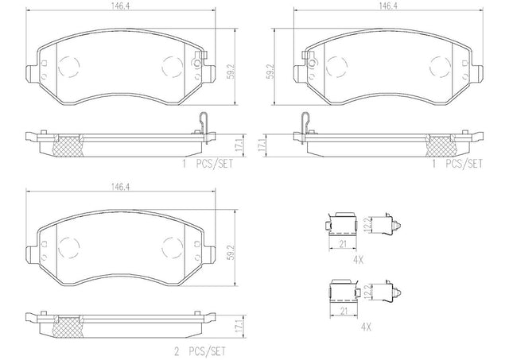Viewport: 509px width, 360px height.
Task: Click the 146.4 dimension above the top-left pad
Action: tap(120, 6)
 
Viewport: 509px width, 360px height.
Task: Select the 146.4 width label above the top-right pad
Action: tap(388, 6)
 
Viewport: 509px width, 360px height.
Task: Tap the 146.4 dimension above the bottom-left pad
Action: tap(120, 187)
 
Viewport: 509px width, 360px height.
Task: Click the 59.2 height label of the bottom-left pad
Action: tap(230, 253)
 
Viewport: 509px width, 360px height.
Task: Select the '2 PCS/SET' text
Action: tap(200, 351)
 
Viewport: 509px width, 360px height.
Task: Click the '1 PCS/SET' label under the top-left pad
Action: tap(208, 164)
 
